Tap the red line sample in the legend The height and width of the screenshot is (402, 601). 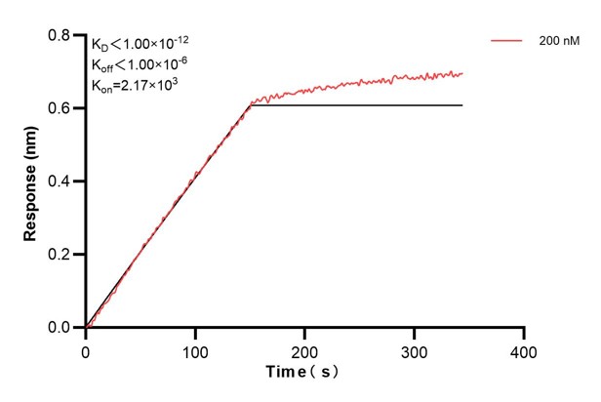pos(507,43)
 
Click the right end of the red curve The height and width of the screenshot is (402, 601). pos(462,73)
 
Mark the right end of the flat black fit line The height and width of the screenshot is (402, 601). pos(462,105)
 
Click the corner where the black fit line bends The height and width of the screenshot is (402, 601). pos(251,105)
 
